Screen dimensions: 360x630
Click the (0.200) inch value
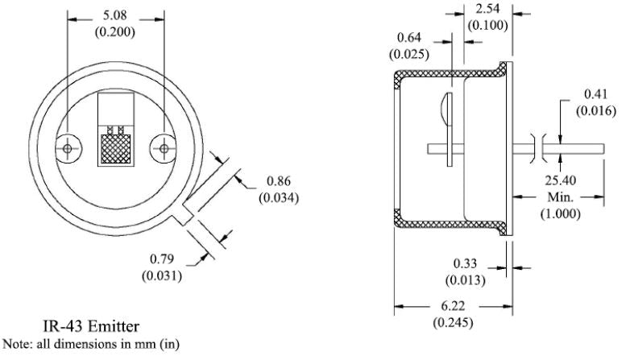point(117,33)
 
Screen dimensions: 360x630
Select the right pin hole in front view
point(164,148)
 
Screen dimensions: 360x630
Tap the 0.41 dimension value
point(596,94)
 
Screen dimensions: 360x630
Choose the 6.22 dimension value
point(453,306)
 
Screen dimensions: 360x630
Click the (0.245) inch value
point(453,321)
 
